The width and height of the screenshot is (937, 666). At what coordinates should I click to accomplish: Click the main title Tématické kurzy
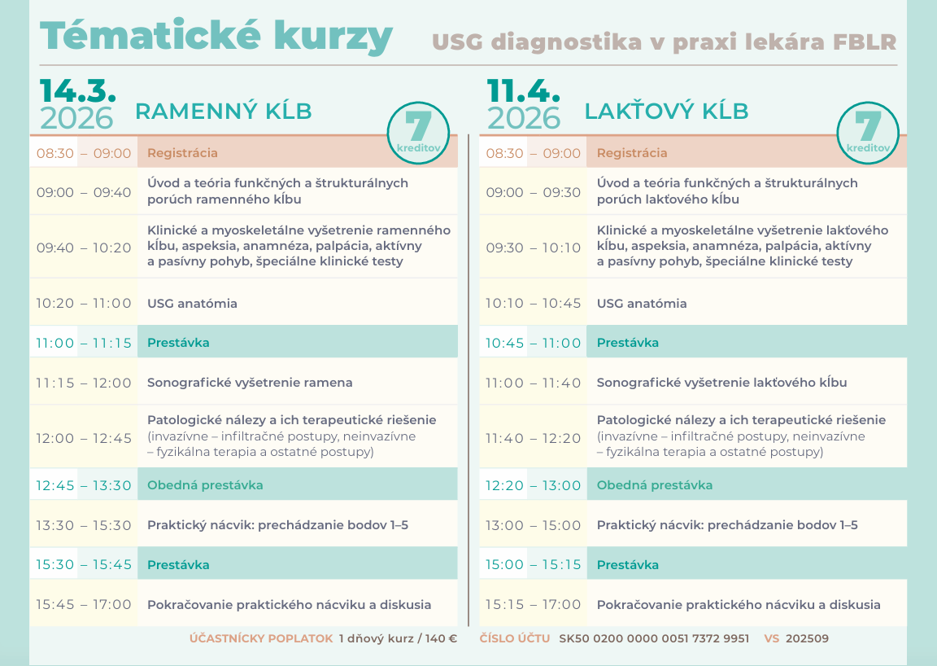(216, 36)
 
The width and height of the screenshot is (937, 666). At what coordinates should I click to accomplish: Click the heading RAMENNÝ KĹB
(224, 112)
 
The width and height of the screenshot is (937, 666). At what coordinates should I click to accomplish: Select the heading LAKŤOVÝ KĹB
(666, 112)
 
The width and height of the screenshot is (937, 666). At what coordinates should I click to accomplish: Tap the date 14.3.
(78, 90)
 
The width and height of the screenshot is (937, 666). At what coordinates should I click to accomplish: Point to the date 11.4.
(524, 90)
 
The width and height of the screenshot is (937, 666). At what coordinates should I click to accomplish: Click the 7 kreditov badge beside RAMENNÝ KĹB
(418, 133)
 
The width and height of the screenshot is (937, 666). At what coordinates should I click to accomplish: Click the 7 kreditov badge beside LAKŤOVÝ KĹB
(868, 133)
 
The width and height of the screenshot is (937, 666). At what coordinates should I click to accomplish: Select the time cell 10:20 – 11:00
(84, 303)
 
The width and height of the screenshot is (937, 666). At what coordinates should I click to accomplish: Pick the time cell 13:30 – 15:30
(84, 525)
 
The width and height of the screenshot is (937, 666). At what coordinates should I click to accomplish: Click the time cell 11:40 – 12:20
(534, 438)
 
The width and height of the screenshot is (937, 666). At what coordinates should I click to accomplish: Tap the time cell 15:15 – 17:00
(534, 604)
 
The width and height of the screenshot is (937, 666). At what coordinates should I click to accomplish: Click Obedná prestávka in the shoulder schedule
(205, 485)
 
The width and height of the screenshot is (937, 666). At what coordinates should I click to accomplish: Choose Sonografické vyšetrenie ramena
(250, 382)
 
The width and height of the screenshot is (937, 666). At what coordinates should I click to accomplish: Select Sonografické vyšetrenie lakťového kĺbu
(721, 382)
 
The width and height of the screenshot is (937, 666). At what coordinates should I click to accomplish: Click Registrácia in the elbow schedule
(632, 153)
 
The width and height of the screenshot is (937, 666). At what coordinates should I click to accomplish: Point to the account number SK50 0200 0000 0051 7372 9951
(654, 639)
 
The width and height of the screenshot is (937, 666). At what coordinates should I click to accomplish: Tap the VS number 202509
(807, 639)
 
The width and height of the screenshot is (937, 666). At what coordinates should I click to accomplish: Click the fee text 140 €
(441, 639)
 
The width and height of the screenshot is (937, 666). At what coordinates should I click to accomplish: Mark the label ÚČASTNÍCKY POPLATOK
(261, 639)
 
